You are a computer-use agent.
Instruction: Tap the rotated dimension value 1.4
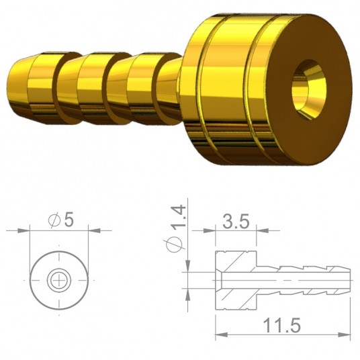pos(177,215)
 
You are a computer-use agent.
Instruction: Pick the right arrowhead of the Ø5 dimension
pos(86,231)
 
